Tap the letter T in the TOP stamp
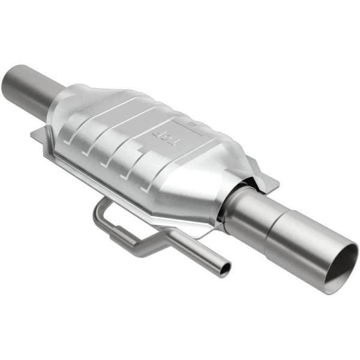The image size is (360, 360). [x=175, y=145]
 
